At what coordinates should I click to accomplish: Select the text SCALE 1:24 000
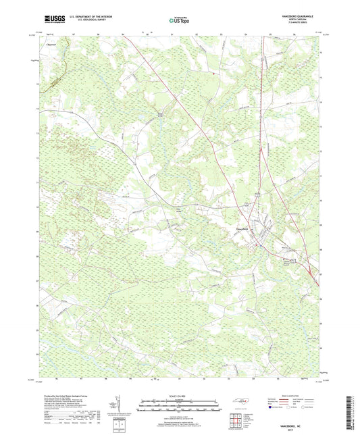(x=180, y=395)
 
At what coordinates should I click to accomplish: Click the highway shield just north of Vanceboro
(x=257, y=195)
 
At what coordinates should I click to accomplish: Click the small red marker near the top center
(x=213, y=74)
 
